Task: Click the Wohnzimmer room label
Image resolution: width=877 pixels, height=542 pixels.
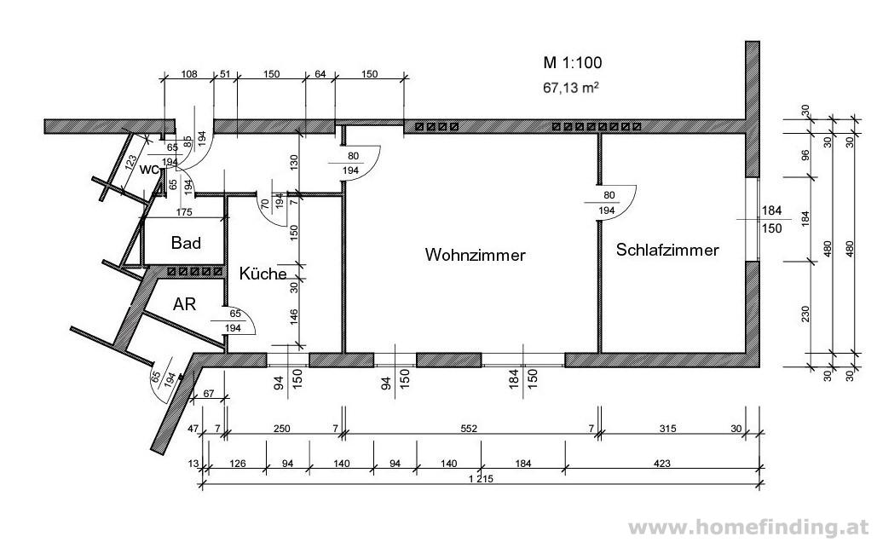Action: pos(475,255)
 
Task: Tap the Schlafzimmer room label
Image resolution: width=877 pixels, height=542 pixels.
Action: pos(667,250)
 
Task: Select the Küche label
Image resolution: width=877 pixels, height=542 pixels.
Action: pos(263,274)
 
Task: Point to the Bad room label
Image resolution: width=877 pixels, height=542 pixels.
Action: pos(186,243)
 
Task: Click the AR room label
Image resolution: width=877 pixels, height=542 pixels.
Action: pos(184,303)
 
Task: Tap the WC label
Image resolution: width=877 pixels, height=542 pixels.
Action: pos(149,170)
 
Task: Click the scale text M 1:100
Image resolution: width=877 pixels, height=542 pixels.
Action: pos(572,63)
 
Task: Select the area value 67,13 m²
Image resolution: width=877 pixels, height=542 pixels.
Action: pos(571,88)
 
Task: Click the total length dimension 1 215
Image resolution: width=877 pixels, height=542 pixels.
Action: pos(481,479)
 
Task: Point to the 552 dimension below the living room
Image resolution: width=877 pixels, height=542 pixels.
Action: pos(469,429)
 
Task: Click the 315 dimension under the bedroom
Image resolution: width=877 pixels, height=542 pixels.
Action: pos(667,429)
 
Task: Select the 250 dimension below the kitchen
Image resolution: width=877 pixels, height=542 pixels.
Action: pos(281,429)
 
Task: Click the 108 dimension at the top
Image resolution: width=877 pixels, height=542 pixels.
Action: pos(189,74)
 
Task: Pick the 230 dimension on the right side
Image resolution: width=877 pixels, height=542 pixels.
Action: pos(805,314)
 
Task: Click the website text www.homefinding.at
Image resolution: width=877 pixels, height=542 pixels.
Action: pos(748,527)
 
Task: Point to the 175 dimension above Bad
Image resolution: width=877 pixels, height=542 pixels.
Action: pos(183,212)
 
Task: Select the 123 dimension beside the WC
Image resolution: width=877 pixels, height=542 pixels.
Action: pos(131,162)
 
